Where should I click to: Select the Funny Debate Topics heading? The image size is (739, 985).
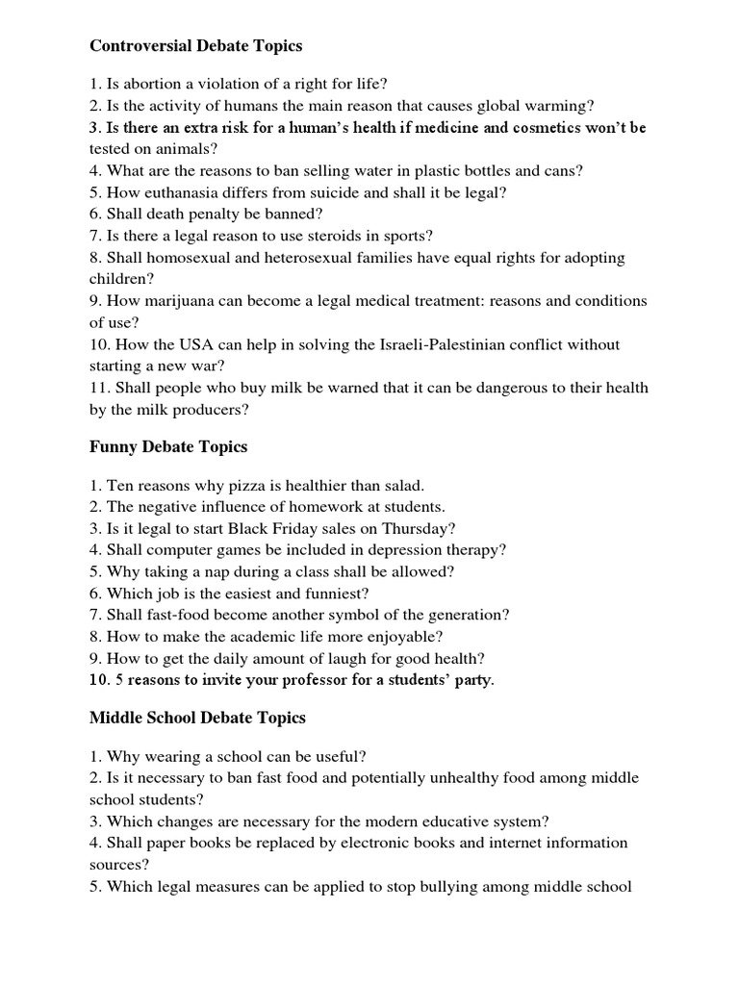pos(168,446)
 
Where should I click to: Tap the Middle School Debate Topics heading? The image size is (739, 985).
pos(197,718)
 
